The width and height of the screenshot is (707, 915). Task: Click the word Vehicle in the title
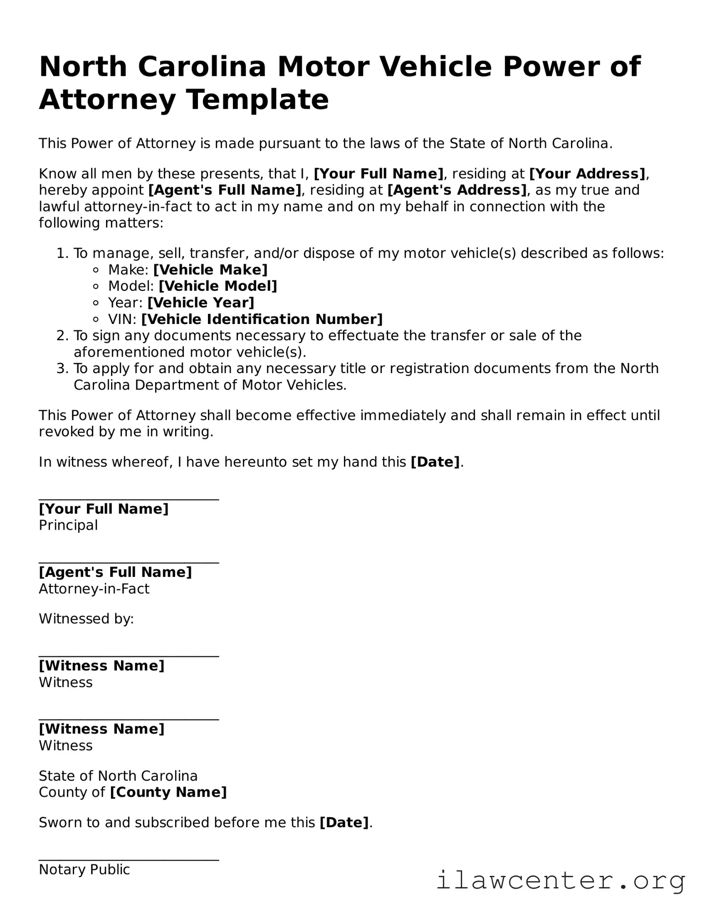tap(435, 66)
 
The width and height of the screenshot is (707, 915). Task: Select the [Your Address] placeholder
tap(587, 174)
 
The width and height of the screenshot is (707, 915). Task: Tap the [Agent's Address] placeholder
tap(457, 190)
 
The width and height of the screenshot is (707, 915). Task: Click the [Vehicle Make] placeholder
tap(210, 270)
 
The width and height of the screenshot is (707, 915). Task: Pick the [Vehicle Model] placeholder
tap(217, 286)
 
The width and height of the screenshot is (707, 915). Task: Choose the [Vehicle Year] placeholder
tap(201, 303)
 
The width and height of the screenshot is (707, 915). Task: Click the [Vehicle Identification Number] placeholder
tap(262, 319)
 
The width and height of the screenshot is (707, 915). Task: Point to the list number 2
tap(61, 336)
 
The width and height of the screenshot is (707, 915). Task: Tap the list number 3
tap(61, 369)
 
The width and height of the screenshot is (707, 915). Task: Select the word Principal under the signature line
tap(68, 526)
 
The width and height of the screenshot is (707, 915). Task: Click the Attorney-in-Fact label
tap(94, 589)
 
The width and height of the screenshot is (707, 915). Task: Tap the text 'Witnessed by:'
tap(86, 619)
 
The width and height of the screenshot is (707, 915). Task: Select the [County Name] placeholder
tap(168, 792)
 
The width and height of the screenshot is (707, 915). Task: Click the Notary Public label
tap(84, 870)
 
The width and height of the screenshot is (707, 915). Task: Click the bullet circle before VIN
tap(96, 319)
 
